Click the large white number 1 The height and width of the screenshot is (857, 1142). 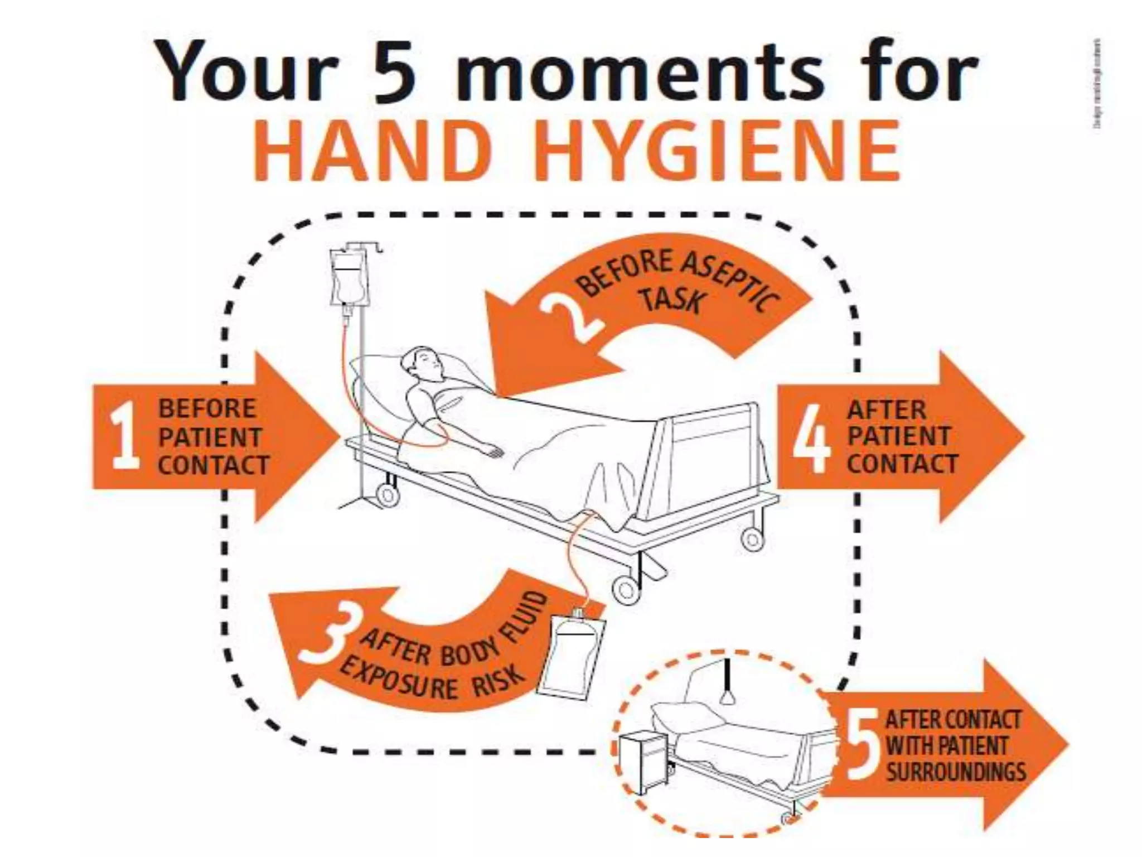[124, 436]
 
